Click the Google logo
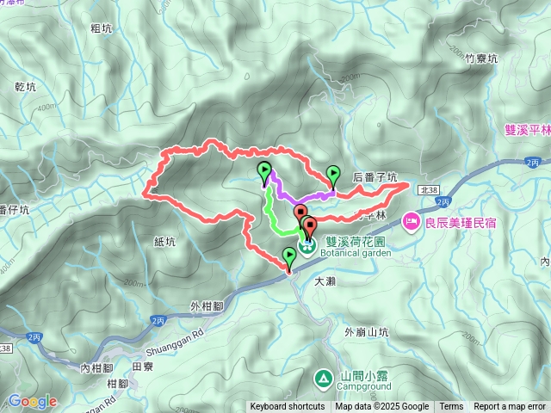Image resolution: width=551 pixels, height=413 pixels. tap(33, 401)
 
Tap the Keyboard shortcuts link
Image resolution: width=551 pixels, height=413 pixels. tap(287, 407)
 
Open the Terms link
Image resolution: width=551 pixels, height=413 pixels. tap(451, 407)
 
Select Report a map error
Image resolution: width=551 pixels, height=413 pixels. tap(510, 407)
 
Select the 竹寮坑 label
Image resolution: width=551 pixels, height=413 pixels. tap(481, 59)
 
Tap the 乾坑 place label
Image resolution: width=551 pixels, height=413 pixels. tap(26, 87)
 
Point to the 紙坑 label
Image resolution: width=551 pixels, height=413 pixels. tap(164, 242)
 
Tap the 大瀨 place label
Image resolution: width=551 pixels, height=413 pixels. tap(325, 280)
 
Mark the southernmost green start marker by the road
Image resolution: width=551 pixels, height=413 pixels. tap(288, 256)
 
